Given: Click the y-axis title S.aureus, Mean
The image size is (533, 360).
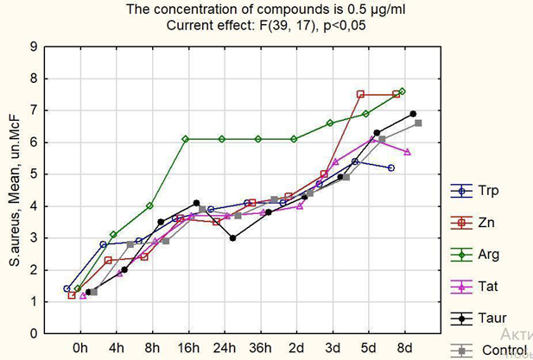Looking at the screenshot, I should click(12, 190).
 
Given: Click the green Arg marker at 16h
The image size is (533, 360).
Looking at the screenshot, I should click(186, 139).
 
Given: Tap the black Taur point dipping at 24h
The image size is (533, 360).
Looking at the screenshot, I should click(232, 238).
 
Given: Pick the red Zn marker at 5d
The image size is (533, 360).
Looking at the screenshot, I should click(360, 94).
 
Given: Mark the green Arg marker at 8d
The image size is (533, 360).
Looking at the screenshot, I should click(403, 91).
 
